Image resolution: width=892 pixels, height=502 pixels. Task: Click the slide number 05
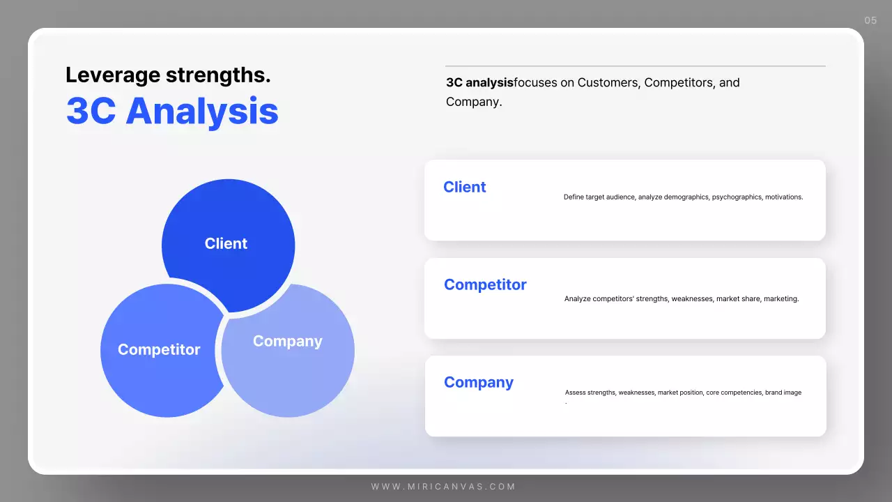click(x=870, y=20)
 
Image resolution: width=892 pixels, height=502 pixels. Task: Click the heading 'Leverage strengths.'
click(x=168, y=75)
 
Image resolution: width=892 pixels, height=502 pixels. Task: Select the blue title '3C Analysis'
click(x=172, y=111)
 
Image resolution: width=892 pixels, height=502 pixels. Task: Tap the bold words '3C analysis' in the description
click(x=479, y=82)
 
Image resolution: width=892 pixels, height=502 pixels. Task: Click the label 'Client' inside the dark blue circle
click(x=226, y=243)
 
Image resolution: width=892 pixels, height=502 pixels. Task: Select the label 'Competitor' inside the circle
click(x=159, y=349)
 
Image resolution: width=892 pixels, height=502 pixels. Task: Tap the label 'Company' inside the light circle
click(x=287, y=341)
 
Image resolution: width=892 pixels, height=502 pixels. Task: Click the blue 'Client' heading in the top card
click(x=465, y=187)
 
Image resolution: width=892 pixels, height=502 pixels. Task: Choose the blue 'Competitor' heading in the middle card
click(x=485, y=284)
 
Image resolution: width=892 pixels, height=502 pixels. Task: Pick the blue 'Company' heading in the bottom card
click(x=479, y=382)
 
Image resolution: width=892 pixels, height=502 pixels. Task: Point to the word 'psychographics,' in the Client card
click(x=737, y=197)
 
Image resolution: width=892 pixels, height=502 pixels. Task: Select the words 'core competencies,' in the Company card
click(x=735, y=393)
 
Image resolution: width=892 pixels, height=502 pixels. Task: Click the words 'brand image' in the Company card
click(x=783, y=393)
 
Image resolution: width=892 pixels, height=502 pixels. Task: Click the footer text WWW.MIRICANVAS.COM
click(x=443, y=487)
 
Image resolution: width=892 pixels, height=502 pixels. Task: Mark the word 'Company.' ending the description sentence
click(x=474, y=102)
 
